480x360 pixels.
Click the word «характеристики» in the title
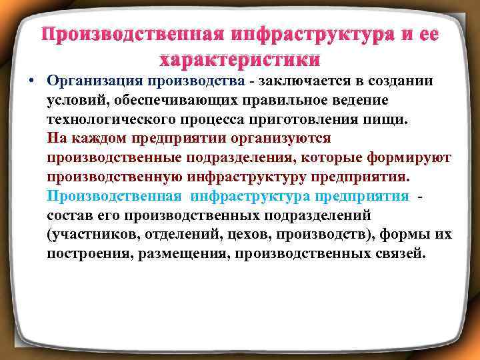point(239,59)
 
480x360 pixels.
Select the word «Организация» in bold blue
point(96,81)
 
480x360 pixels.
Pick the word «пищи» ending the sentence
point(379,119)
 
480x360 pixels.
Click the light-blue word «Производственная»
point(114,197)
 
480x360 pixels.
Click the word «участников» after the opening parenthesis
point(95,235)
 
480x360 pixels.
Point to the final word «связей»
point(397,255)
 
